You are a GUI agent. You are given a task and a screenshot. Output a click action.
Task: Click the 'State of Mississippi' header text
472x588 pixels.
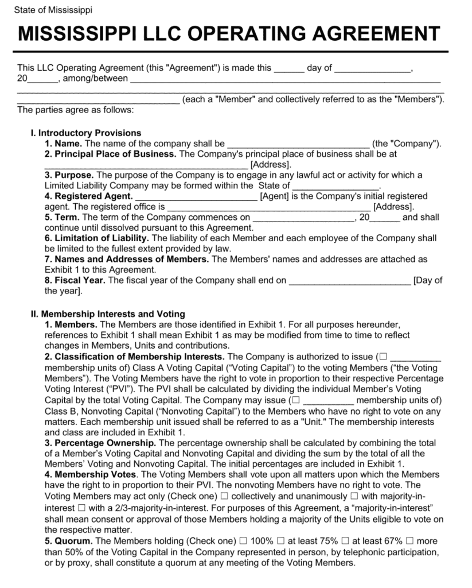tap(54, 10)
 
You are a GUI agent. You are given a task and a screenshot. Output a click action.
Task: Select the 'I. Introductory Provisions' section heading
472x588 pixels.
tap(85, 133)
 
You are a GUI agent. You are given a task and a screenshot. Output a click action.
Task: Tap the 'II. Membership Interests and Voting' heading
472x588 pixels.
tap(108, 314)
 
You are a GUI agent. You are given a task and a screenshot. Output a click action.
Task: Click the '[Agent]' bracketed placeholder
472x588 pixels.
tap(274, 196)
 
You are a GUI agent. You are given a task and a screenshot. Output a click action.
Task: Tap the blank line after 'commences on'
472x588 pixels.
tap(303, 218)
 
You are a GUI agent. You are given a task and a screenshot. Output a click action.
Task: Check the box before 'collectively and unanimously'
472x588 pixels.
tap(225, 496)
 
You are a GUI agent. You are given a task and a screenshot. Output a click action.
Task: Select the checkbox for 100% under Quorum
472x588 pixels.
tap(243, 540)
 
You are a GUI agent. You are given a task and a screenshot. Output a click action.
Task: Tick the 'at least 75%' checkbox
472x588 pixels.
tap(280, 540)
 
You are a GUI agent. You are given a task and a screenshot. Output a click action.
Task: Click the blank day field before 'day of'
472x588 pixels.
tap(288, 68)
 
